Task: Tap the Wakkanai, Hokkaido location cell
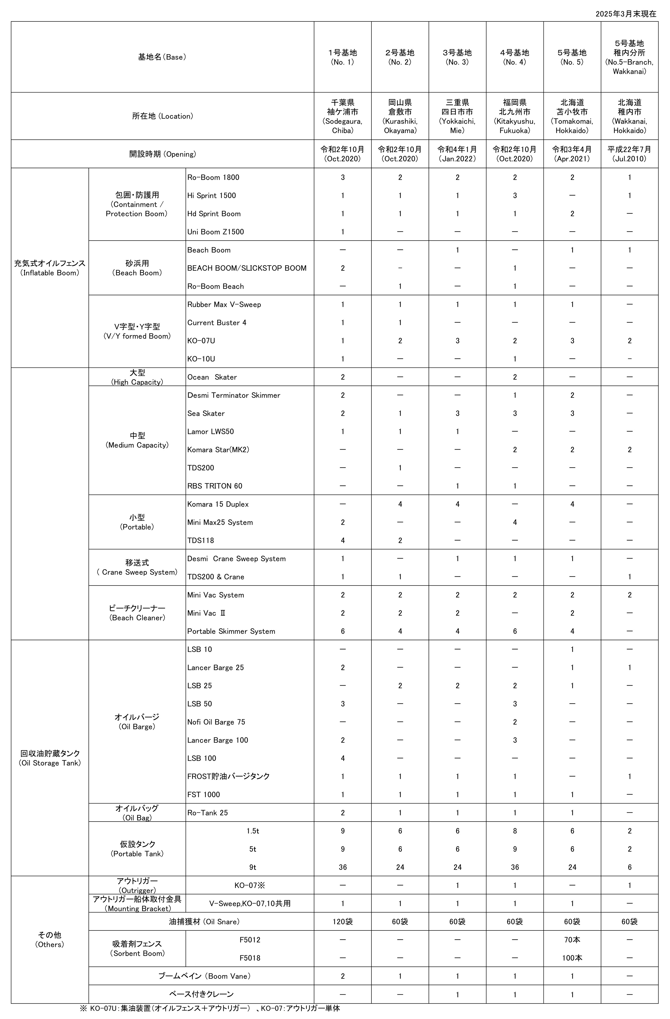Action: pos(629,116)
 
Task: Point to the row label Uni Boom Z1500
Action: pos(216,232)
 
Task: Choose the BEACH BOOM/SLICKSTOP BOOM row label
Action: pos(247,268)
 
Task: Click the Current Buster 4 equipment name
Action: pos(217,322)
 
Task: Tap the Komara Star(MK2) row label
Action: pos(218,450)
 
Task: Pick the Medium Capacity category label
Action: pos(137,440)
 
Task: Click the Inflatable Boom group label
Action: pos(50,268)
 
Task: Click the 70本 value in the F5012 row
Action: pos(572,940)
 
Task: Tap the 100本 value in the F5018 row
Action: pos(572,958)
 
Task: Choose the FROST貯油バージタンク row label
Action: pos(228,776)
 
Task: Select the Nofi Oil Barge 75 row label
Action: pos(216,722)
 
